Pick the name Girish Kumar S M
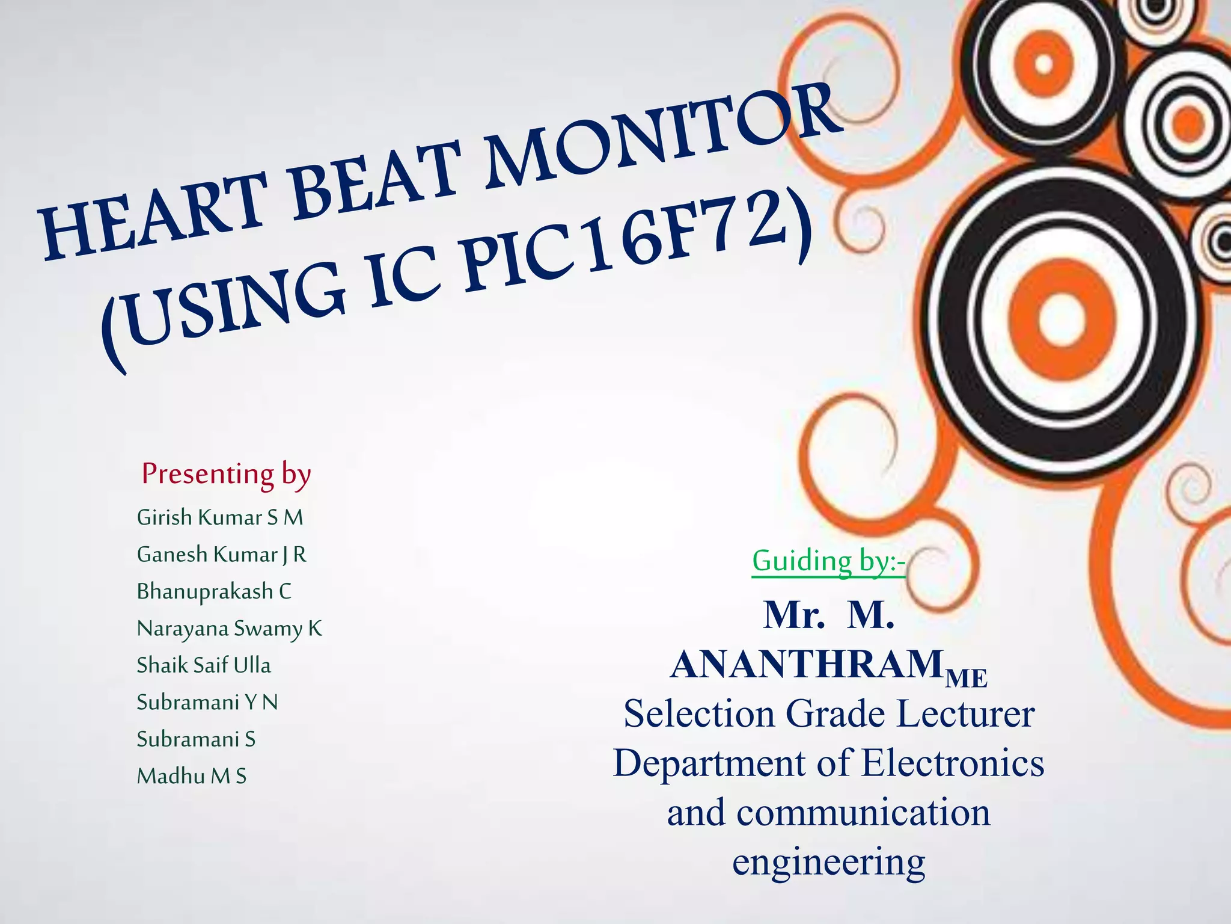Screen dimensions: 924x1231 coord(220,517)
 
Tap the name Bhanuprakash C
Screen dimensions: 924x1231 coord(214,591)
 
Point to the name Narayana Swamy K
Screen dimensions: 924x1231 coord(229,629)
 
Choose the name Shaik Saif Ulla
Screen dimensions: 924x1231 coord(204,665)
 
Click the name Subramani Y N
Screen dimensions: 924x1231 coord(207,702)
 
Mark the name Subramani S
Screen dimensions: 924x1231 coord(196,739)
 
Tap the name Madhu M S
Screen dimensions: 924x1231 coord(192,776)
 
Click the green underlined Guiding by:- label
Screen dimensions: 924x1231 coord(828,561)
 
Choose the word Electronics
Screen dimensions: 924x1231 coord(953,763)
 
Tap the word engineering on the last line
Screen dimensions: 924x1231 coord(828,861)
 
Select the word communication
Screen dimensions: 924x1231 coord(863,813)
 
